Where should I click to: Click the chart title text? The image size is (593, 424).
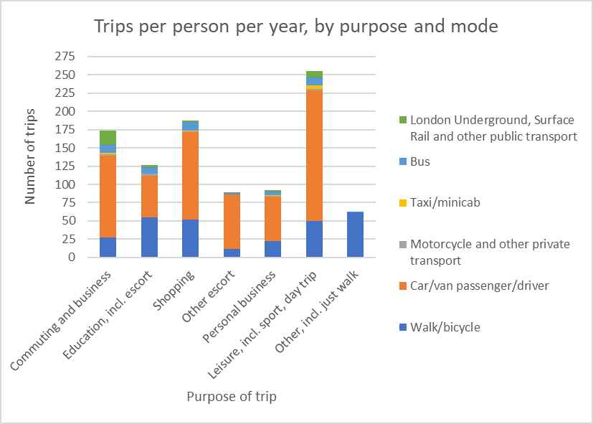coord(296,27)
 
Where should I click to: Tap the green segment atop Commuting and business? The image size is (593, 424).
coord(108,137)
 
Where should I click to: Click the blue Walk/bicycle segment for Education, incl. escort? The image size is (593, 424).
coord(149,237)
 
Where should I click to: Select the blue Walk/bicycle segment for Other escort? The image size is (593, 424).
coord(232,253)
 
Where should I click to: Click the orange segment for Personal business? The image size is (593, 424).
coord(273,218)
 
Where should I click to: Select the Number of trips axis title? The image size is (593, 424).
coord(30,156)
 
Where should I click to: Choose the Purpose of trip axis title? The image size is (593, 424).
coord(231,396)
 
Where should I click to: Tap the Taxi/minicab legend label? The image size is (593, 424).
coord(445,202)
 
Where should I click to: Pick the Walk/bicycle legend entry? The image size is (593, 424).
coord(445,327)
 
